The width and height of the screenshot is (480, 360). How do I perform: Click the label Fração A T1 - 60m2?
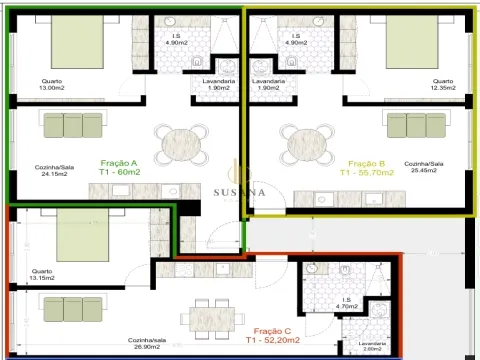pos(119,167)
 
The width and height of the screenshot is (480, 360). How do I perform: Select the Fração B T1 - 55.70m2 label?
pos(367,167)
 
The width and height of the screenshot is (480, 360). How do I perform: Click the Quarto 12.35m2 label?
pos(443,85)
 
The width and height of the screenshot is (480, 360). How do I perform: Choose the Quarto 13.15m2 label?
pos(42,274)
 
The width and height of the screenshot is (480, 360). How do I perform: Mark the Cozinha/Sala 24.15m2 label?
pos(54,170)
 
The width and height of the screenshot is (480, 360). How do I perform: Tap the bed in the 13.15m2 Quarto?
pos(83,228)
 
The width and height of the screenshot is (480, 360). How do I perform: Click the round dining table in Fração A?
pos(183,144)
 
